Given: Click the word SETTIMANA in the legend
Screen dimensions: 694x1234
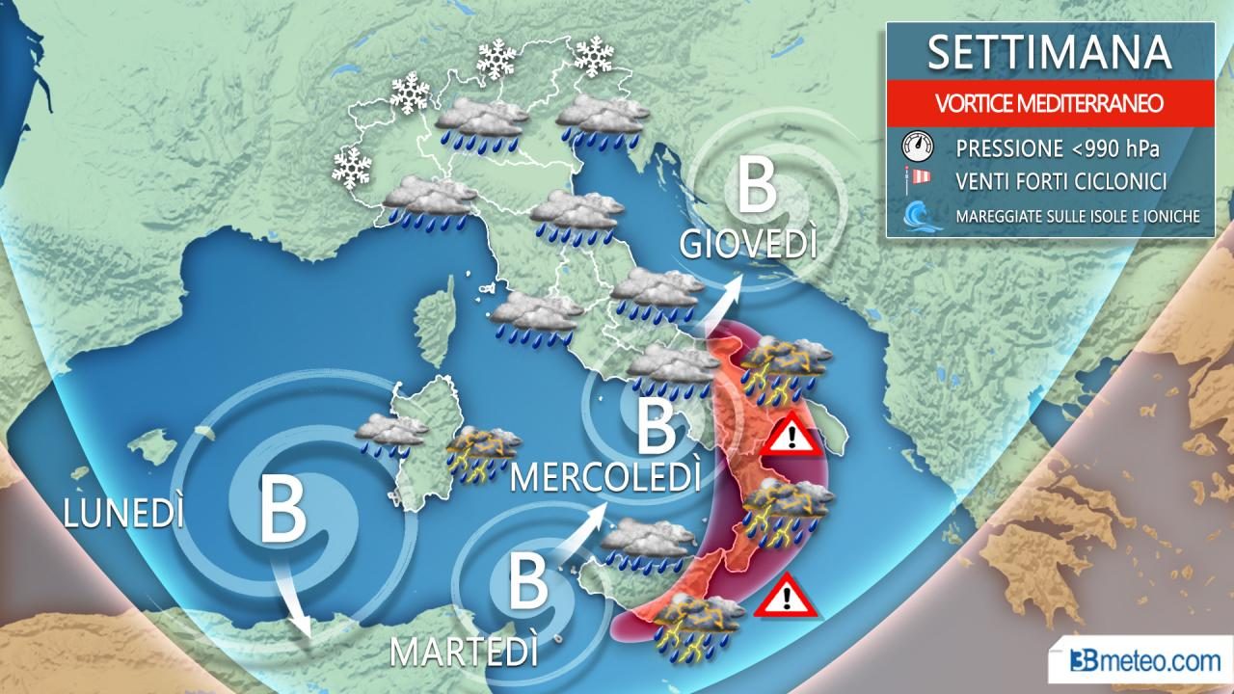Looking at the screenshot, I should pyautogui.click(x=1049, y=54).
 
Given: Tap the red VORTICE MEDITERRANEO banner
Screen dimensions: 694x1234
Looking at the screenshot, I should pyautogui.click(x=1049, y=101).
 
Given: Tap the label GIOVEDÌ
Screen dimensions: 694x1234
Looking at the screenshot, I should pyautogui.click(x=748, y=244).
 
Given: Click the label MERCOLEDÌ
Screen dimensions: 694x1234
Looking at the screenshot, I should pyautogui.click(x=605, y=475).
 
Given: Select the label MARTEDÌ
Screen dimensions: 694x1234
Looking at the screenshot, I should pyautogui.click(x=463, y=653).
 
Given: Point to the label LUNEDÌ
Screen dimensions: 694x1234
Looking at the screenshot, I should pyautogui.click(x=123, y=514).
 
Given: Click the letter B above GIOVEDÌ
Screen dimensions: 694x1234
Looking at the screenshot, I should pyautogui.click(x=756, y=189).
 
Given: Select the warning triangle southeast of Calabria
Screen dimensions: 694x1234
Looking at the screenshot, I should pyautogui.click(x=786, y=597).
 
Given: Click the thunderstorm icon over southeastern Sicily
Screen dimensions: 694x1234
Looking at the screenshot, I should pyautogui.click(x=697, y=626).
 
